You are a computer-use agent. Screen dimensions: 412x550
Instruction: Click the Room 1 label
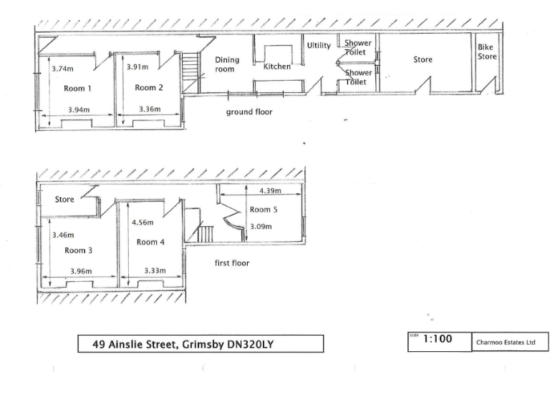(x=78, y=89)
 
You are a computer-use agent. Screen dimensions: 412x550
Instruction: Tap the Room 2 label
(x=149, y=88)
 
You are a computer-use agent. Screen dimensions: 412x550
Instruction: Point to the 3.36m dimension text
(x=149, y=110)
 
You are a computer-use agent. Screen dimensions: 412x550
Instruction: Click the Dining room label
(x=228, y=64)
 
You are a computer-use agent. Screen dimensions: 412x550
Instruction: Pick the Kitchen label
(x=277, y=67)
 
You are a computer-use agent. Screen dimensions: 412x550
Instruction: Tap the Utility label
(x=319, y=46)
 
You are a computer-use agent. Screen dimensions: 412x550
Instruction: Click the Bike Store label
(x=487, y=51)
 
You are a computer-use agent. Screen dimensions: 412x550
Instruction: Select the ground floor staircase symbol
(x=190, y=70)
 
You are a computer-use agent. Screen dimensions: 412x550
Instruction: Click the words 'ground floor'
(x=249, y=112)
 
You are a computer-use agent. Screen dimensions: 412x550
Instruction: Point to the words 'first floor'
(x=232, y=263)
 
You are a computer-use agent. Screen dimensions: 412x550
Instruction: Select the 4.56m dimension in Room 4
(x=144, y=222)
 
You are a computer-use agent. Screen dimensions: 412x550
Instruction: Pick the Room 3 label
(x=79, y=250)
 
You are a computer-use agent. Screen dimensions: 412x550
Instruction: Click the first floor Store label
(x=64, y=200)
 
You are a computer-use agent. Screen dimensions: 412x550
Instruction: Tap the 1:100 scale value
(x=438, y=340)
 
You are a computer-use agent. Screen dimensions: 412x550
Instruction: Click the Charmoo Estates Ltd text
(x=506, y=343)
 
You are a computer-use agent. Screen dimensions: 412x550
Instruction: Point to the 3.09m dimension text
(x=261, y=227)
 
